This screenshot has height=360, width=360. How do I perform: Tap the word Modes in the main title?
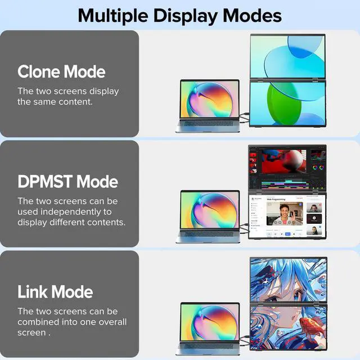253,15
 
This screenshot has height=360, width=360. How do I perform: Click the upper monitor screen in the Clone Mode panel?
287,56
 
